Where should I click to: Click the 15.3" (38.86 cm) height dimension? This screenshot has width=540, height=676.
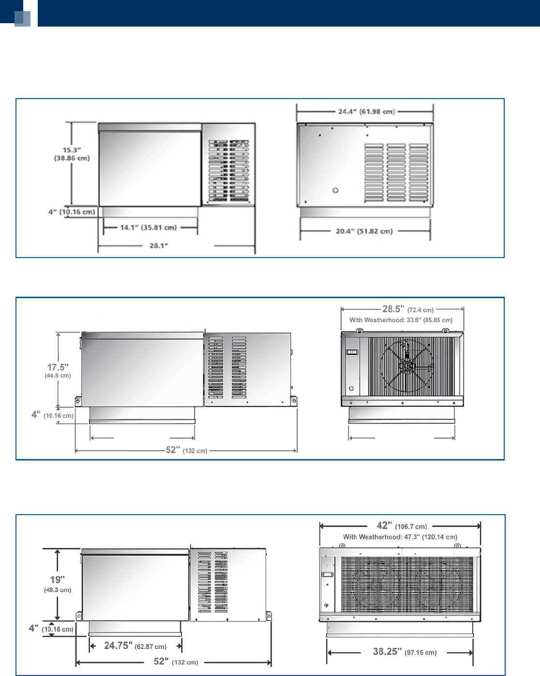point(72,154)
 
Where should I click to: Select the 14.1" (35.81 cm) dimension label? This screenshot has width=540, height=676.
point(149,228)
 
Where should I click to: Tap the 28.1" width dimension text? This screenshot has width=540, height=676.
point(159,246)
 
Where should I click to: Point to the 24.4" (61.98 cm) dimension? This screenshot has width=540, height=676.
point(366,112)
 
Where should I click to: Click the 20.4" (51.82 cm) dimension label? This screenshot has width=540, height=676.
point(364,231)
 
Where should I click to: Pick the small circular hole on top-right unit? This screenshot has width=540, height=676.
point(335,190)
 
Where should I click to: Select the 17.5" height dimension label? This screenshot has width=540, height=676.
point(58,371)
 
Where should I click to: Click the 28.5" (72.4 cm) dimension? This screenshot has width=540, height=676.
point(407,309)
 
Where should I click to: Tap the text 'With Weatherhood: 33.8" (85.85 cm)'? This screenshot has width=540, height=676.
point(401,320)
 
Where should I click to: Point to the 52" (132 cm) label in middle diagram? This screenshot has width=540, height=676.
point(186,450)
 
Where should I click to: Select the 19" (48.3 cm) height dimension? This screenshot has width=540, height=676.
point(58,583)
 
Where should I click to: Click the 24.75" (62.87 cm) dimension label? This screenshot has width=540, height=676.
point(135,646)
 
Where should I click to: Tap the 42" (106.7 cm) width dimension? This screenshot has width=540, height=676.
point(402,526)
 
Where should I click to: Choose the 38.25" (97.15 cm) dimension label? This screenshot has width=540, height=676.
point(405,652)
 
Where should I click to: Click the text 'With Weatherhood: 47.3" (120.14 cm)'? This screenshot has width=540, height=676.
point(400,537)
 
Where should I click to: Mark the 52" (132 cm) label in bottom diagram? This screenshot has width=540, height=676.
point(176,662)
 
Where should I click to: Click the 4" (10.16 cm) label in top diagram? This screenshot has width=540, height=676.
point(72,212)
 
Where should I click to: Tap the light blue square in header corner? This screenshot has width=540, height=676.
point(23,18)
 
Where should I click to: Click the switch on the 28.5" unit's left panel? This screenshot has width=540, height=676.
point(352,352)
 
